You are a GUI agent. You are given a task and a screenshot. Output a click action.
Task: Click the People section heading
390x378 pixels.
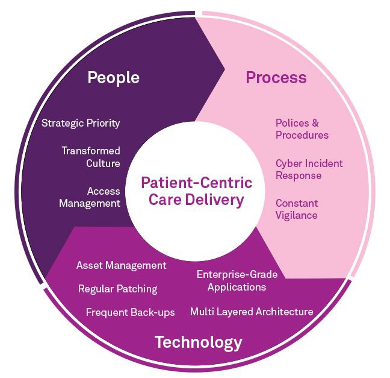(x=113, y=78)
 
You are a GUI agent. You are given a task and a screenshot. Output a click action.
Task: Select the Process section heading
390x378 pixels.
(x=276, y=78)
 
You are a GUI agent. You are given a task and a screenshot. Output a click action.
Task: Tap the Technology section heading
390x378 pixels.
(x=198, y=343)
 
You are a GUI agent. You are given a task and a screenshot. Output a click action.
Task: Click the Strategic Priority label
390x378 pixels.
(x=81, y=123)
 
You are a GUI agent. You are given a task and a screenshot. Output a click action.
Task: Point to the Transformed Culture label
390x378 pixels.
(x=91, y=157)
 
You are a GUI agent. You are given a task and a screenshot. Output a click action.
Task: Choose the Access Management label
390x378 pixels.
(x=90, y=197)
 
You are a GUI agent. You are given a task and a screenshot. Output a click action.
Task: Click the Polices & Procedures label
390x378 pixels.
(x=302, y=129)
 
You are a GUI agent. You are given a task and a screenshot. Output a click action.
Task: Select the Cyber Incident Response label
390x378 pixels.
(x=309, y=169)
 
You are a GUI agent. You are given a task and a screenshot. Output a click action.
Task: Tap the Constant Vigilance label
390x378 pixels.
(x=297, y=209)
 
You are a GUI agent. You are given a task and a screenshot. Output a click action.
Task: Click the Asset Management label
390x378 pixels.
(x=121, y=265)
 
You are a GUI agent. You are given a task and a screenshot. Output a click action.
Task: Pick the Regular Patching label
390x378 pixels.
(x=117, y=289)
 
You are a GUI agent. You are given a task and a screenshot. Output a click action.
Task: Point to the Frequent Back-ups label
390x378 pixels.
(x=130, y=312)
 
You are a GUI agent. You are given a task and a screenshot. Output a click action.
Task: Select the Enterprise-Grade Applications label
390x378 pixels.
(x=237, y=281)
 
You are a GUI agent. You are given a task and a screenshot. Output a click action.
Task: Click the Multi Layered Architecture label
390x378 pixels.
(x=252, y=312)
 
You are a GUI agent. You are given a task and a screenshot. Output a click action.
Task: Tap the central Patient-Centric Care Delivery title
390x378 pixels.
(x=196, y=191)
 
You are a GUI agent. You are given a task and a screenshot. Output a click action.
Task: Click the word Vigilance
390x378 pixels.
(x=297, y=215)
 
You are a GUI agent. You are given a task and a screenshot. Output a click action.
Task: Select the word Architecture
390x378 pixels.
(x=285, y=312)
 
